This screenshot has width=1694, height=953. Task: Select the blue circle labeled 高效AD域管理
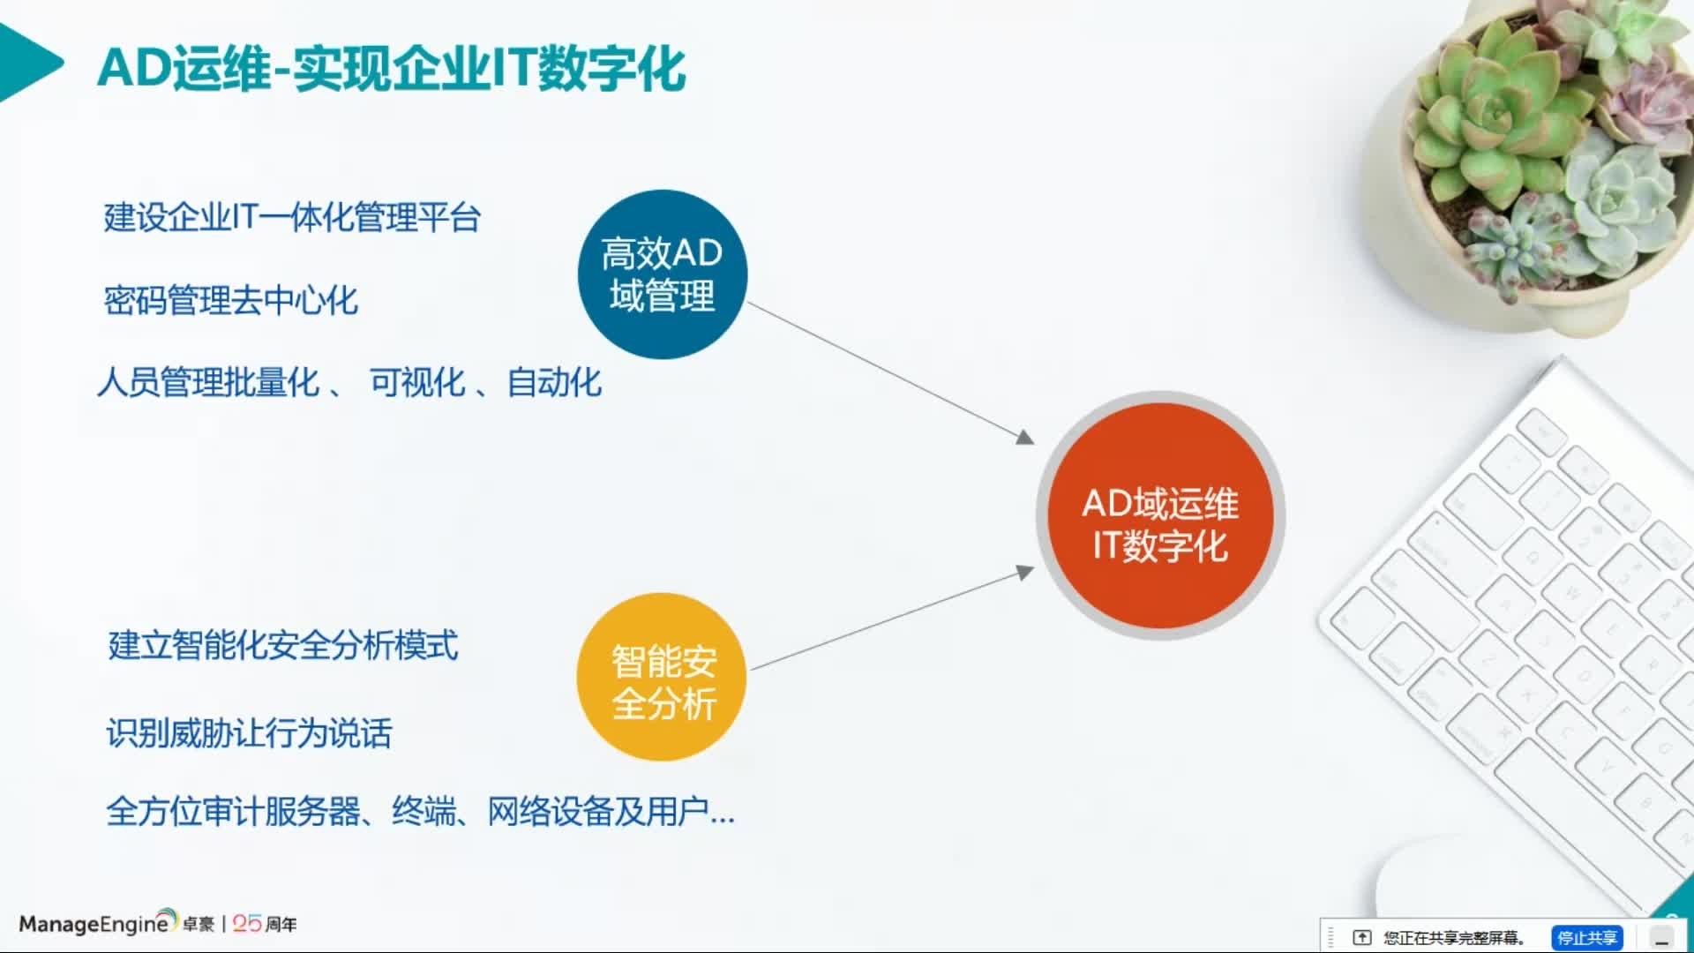[x=662, y=274]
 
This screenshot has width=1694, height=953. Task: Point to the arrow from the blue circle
[x=891, y=371]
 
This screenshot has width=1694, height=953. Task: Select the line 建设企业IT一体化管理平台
[x=292, y=217]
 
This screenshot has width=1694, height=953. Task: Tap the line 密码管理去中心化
[x=231, y=301]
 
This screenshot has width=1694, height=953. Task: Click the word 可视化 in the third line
[x=416, y=383]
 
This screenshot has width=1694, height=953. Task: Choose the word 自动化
[x=554, y=383]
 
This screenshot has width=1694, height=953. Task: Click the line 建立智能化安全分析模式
[x=283, y=646]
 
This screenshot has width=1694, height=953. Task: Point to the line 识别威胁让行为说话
[x=250, y=733]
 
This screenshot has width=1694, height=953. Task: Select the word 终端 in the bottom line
[x=424, y=811]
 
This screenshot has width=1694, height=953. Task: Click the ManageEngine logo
[x=95, y=923]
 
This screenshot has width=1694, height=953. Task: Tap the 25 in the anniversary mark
[x=247, y=924]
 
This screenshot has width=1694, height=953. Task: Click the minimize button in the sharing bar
[x=1662, y=938]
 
